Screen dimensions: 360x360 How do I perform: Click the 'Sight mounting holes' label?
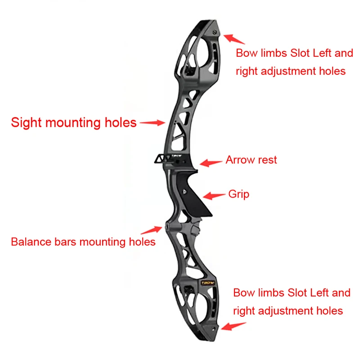coord(74,122)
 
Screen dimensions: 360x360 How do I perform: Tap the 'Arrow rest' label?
coord(251,160)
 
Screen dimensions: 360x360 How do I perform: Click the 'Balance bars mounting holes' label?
coord(83,242)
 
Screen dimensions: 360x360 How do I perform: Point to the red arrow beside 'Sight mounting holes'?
coord(153,122)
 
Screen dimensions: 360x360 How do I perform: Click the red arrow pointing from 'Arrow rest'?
coord(211,162)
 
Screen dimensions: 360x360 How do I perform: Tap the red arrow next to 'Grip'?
coord(214,196)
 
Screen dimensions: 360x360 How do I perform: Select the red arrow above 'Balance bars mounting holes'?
coord(152,230)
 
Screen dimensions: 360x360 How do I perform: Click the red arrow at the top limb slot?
coord(234,39)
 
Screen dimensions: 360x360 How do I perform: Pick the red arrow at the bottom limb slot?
coord(234,326)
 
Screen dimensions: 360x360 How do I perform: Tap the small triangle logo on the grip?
coord(184,192)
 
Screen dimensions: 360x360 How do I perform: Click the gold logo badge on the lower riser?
coord(208,283)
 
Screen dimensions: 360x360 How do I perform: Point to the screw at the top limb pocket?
coord(215,32)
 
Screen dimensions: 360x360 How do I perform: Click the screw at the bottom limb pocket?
coord(213,329)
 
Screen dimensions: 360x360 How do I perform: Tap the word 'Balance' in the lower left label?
coord(31,242)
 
